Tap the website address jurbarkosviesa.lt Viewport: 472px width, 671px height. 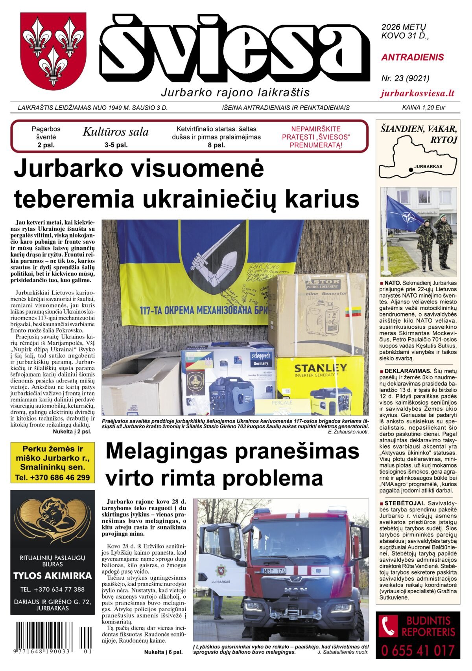tap(417, 93)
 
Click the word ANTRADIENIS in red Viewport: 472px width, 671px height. tap(412, 57)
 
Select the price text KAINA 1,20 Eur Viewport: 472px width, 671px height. tap(423, 107)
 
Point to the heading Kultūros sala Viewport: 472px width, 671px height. tap(116, 132)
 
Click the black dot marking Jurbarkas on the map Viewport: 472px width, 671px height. tap(411, 169)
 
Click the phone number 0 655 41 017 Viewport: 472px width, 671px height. tap(418, 651)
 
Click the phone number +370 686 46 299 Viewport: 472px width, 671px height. tap(53, 478)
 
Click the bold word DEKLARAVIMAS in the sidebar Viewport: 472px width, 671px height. tap(407, 371)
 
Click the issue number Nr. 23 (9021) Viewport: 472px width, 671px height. tap(405, 78)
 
